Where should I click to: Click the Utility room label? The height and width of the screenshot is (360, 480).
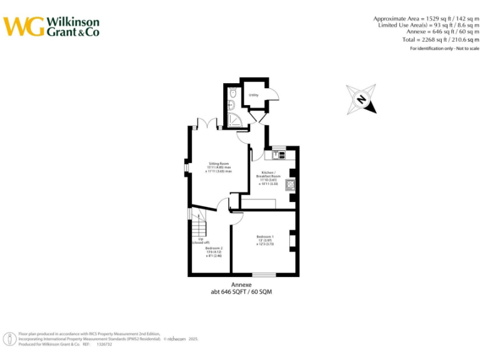coord(253,95)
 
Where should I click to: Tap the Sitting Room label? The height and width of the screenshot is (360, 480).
coord(219,167)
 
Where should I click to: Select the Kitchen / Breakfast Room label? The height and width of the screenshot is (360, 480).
coord(268,177)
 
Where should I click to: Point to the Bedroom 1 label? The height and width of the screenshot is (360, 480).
coord(265,240)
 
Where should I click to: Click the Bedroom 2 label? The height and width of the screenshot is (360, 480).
coord(214,251)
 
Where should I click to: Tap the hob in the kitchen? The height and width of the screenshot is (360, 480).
coord(291,185)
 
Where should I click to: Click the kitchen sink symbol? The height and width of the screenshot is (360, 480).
coord(278,154)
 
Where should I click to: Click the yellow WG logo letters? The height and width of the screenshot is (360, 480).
coord(24,26)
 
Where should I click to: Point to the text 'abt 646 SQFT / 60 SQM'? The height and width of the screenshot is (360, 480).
coord(241,292)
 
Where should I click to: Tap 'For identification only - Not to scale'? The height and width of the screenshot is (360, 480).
coord(444,49)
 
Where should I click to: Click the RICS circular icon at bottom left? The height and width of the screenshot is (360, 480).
coord(11,339)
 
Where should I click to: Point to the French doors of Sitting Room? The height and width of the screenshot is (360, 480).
coord(207,124)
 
